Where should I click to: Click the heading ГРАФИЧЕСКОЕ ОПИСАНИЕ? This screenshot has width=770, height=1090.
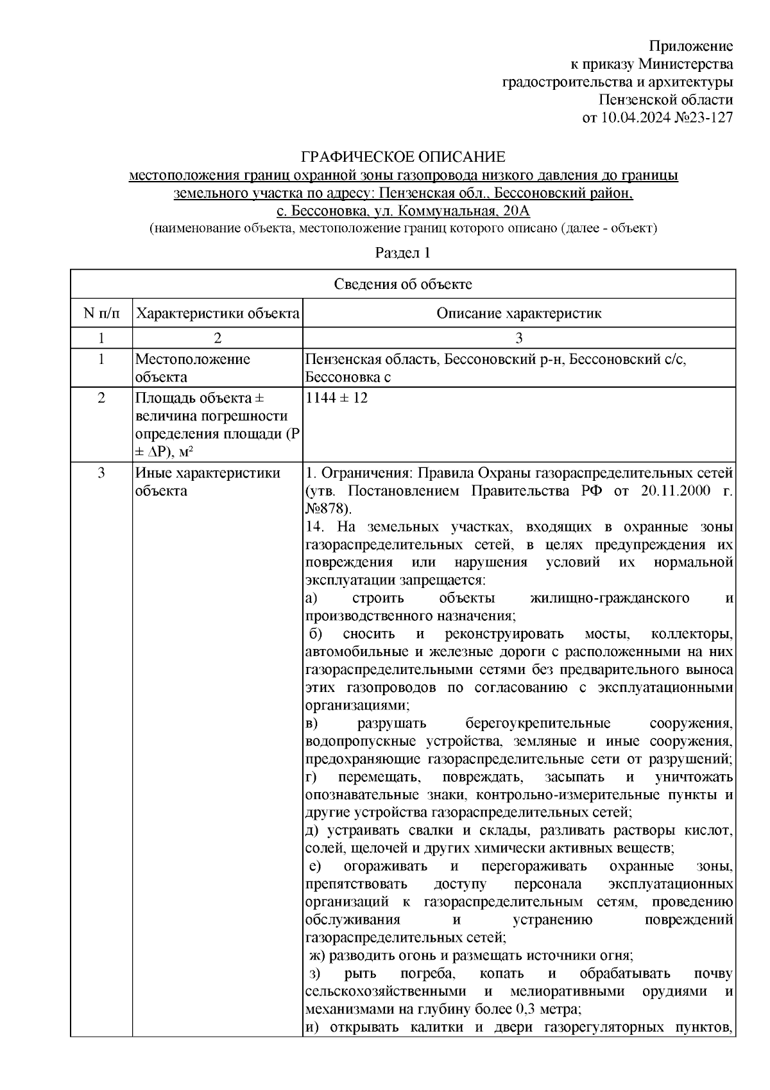404,157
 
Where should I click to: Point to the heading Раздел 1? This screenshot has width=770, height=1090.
402,253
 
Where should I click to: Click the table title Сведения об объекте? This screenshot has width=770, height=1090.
402,284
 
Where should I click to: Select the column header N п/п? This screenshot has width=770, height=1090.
101,314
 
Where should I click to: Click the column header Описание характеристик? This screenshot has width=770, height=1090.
518,314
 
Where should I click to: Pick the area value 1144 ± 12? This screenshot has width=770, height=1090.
337,398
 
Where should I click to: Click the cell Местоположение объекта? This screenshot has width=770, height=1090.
193,368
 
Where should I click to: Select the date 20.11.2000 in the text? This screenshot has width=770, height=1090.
676,491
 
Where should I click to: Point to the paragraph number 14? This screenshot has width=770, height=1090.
314,527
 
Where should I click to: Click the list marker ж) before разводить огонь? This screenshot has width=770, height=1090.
317,955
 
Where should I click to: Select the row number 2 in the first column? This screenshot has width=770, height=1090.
101,398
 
